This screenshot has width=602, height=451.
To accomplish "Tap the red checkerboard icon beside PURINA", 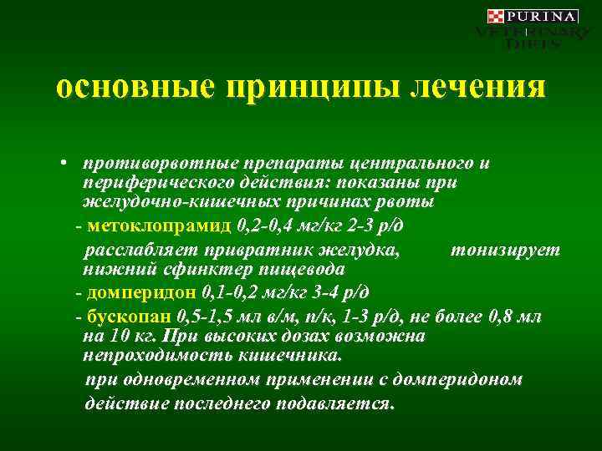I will click(495, 17).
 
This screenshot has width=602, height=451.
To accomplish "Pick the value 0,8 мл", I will click(522, 317).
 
